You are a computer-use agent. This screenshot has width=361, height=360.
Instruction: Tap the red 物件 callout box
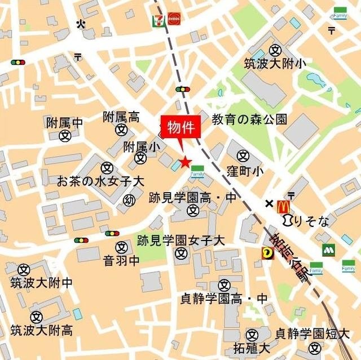(181, 127)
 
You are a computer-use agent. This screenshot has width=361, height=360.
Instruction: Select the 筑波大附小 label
(275, 64)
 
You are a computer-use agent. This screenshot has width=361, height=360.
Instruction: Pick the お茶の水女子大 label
(101, 181)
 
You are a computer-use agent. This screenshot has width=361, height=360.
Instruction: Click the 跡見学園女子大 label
(181, 240)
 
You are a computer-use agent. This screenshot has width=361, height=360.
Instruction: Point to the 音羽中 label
(121, 260)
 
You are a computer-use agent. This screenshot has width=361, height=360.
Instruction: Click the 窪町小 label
(243, 170)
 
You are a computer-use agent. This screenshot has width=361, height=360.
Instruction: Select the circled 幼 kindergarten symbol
(130, 200)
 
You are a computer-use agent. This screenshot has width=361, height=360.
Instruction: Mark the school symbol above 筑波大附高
(37, 317)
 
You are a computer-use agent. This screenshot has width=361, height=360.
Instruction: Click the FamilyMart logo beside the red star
(197, 171)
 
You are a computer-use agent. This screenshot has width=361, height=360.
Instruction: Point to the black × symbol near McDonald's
(269, 203)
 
